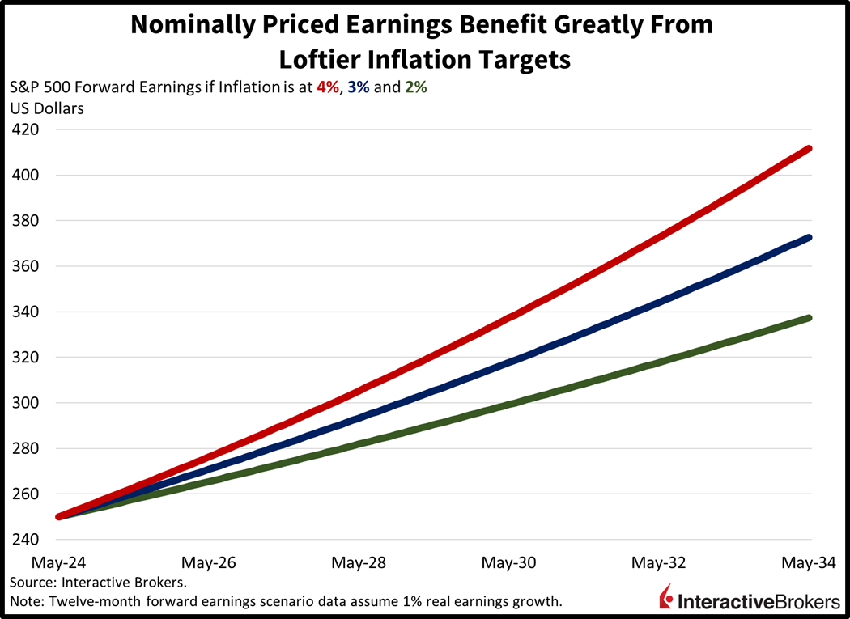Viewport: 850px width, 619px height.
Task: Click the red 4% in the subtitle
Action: pyautogui.click(x=329, y=87)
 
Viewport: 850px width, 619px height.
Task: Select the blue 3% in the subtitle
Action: pyautogui.click(x=359, y=87)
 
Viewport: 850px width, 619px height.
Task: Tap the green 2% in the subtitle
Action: pyautogui.click(x=415, y=87)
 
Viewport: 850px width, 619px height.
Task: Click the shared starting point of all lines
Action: pyautogui.click(x=59, y=516)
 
